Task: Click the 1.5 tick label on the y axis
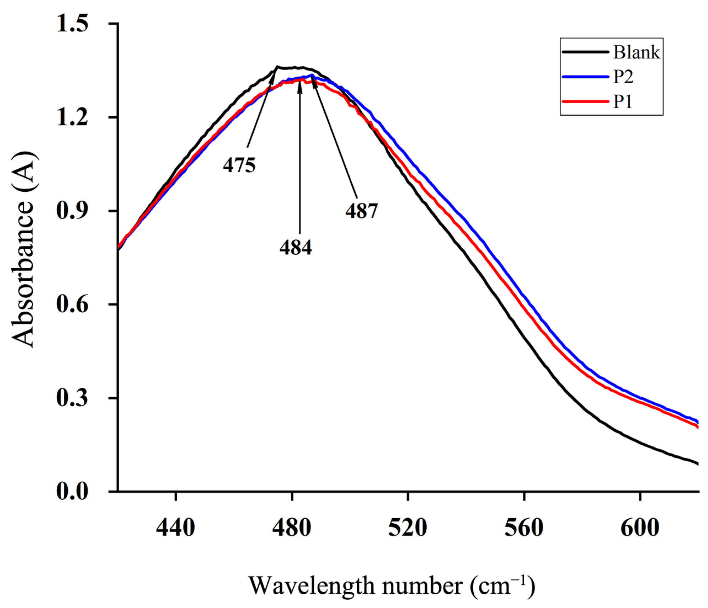click(72, 24)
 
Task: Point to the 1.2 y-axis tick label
click(72, 117)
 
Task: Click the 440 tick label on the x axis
click(175, 528)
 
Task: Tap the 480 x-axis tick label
click(292, 528)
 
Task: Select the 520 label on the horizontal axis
click(408, 528)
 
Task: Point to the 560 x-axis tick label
click(524, 528)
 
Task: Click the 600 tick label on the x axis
click(640, 528)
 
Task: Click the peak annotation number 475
click(239, 165)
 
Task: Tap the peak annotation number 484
click(296, 248)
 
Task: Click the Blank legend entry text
click(637, 52)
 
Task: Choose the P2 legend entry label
click(623, 77)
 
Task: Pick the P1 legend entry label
click(623, 102)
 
